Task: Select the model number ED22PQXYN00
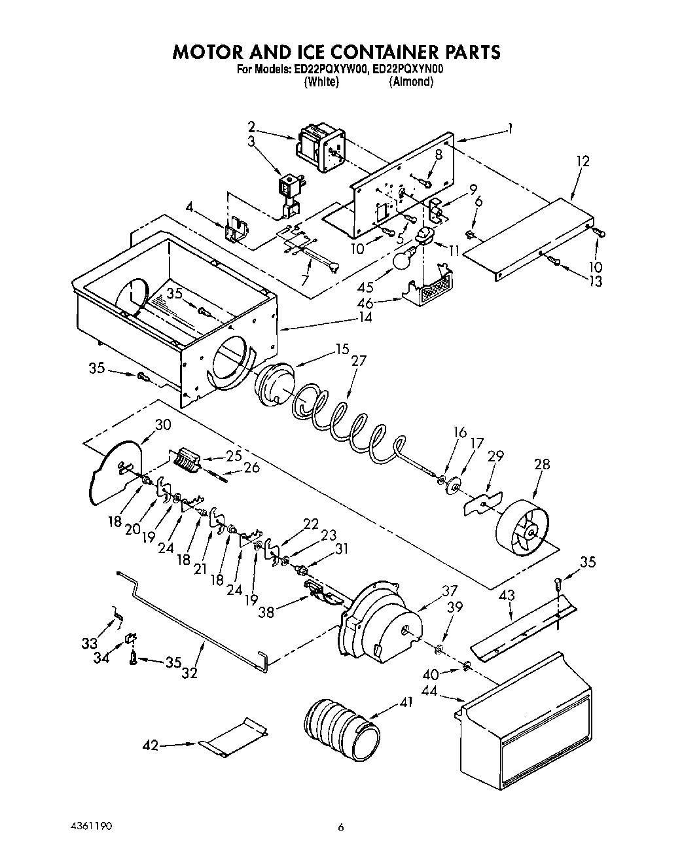click(407, 69)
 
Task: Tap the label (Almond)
click(411, 82)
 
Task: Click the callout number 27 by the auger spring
click(359, 361)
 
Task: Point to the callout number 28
click(542, 465)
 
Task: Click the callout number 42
click(151, 745)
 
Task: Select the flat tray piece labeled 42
click(234, 736)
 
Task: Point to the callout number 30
click(162, 425)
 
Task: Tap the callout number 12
click(583, 161)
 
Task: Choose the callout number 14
click(365, 317)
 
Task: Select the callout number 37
click(449, 590)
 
